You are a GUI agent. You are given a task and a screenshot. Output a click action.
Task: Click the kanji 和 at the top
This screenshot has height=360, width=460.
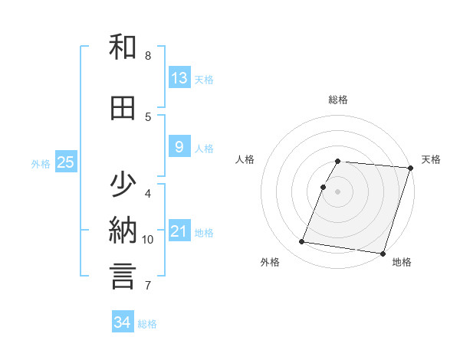point(123,47)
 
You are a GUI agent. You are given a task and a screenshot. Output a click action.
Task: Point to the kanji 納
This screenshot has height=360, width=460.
point(123,231)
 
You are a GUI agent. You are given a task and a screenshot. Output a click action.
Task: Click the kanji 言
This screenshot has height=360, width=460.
point(123,276)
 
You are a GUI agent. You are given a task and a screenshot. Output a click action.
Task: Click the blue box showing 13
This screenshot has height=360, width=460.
point(179,77)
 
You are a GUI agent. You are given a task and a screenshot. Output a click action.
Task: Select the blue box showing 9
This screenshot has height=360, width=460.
point(179,147)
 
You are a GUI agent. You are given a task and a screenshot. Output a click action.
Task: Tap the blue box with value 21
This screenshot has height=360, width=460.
point(179,231)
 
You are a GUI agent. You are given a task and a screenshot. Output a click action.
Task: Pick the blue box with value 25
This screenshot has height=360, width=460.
point(65,162)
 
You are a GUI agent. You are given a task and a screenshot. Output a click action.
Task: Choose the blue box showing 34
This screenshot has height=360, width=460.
point(123,322)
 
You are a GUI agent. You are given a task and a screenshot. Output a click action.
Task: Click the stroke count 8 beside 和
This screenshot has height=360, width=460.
point(148,56)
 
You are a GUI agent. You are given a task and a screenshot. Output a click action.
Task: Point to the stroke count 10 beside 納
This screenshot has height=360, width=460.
point(148,240)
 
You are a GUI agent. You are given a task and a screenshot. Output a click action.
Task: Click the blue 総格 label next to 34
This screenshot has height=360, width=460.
point(147,324)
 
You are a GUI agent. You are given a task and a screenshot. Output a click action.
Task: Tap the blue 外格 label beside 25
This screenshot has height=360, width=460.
point(41,163)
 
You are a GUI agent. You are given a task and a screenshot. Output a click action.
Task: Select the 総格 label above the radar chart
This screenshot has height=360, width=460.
point(338,100)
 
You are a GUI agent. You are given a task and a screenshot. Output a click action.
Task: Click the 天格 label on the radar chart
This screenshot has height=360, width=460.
point(432,159)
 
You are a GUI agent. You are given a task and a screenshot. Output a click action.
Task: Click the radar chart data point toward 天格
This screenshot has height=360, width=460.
point(410,168)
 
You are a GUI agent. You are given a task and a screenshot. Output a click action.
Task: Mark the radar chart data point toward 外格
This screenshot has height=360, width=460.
point(302,242)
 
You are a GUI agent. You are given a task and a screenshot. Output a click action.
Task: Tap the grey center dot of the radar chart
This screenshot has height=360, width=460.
point(338,191)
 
